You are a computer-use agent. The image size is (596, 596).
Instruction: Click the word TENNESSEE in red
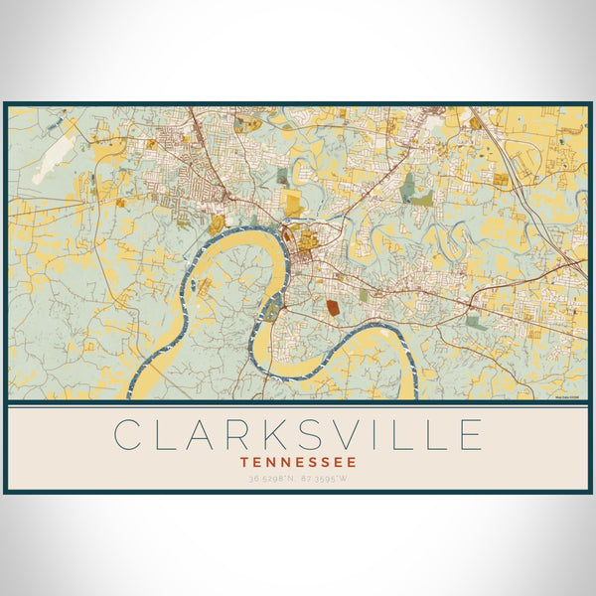(x=298, y=461)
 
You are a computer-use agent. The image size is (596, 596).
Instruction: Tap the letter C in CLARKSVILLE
(x=127, y=435)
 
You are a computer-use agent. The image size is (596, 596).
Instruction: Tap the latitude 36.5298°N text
(x=270, y=479)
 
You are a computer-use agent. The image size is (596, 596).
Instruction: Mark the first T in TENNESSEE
(x=244, y=461)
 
